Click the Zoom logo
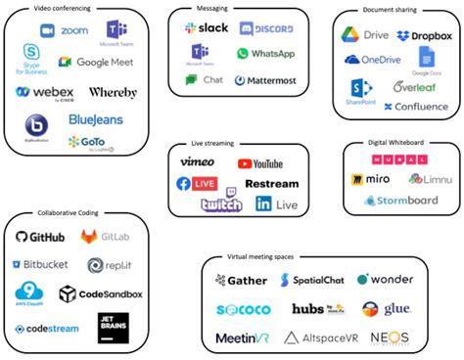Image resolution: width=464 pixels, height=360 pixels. pyautogui.click(x=64, y=30)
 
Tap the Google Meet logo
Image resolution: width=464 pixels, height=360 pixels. pyautogui.click(x=95, y=62)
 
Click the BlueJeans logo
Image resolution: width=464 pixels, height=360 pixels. pyautogui.click(x=95, y=119)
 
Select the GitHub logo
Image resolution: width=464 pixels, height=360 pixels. pyautogui.click(x=40, y=237)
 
